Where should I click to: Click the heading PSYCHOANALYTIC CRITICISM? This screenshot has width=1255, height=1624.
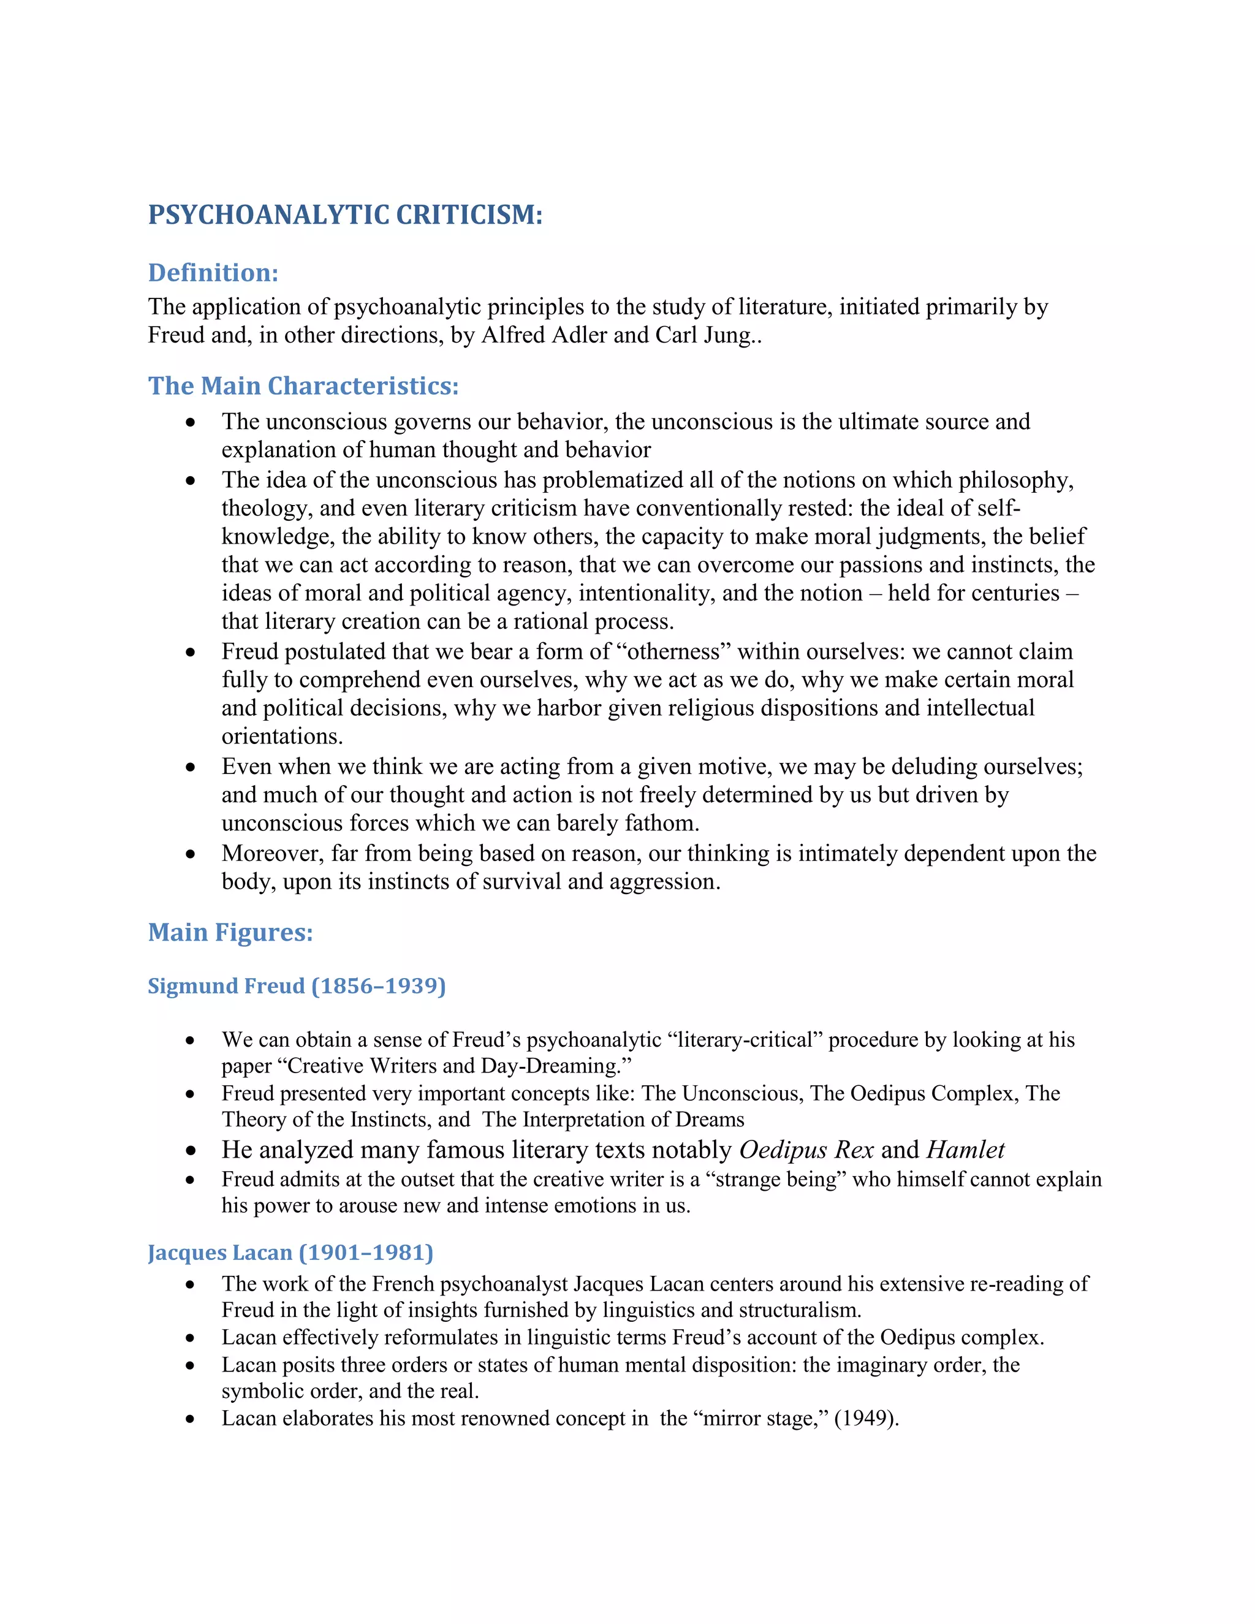pos(345,215)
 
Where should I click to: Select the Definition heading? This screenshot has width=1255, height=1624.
pos(213,273)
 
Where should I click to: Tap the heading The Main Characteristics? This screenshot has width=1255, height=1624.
pos(303,386)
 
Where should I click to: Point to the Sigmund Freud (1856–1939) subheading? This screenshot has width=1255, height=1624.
pos(297,986)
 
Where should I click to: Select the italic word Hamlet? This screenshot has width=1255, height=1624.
pos(965,1150)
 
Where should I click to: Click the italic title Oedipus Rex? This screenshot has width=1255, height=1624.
pos(806,1150)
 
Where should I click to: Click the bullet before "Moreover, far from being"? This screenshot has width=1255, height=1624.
pos(191,854)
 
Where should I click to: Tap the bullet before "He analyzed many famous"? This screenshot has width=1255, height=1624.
pos(191,1151)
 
